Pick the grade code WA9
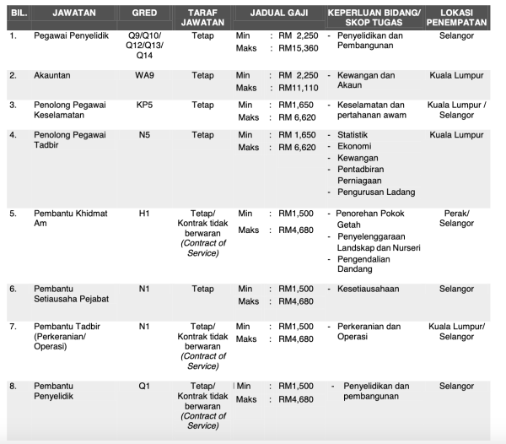click(x=144, y=75)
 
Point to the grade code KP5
click(x=144, y=105)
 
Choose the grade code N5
click(x=144, y=135)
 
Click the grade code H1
click(x=144, y=214)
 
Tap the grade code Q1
click(x=144, y=386)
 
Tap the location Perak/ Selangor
click(x=456, y=219)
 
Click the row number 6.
click(x=13, y=289)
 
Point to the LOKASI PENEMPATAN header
click(x=456, y=18)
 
